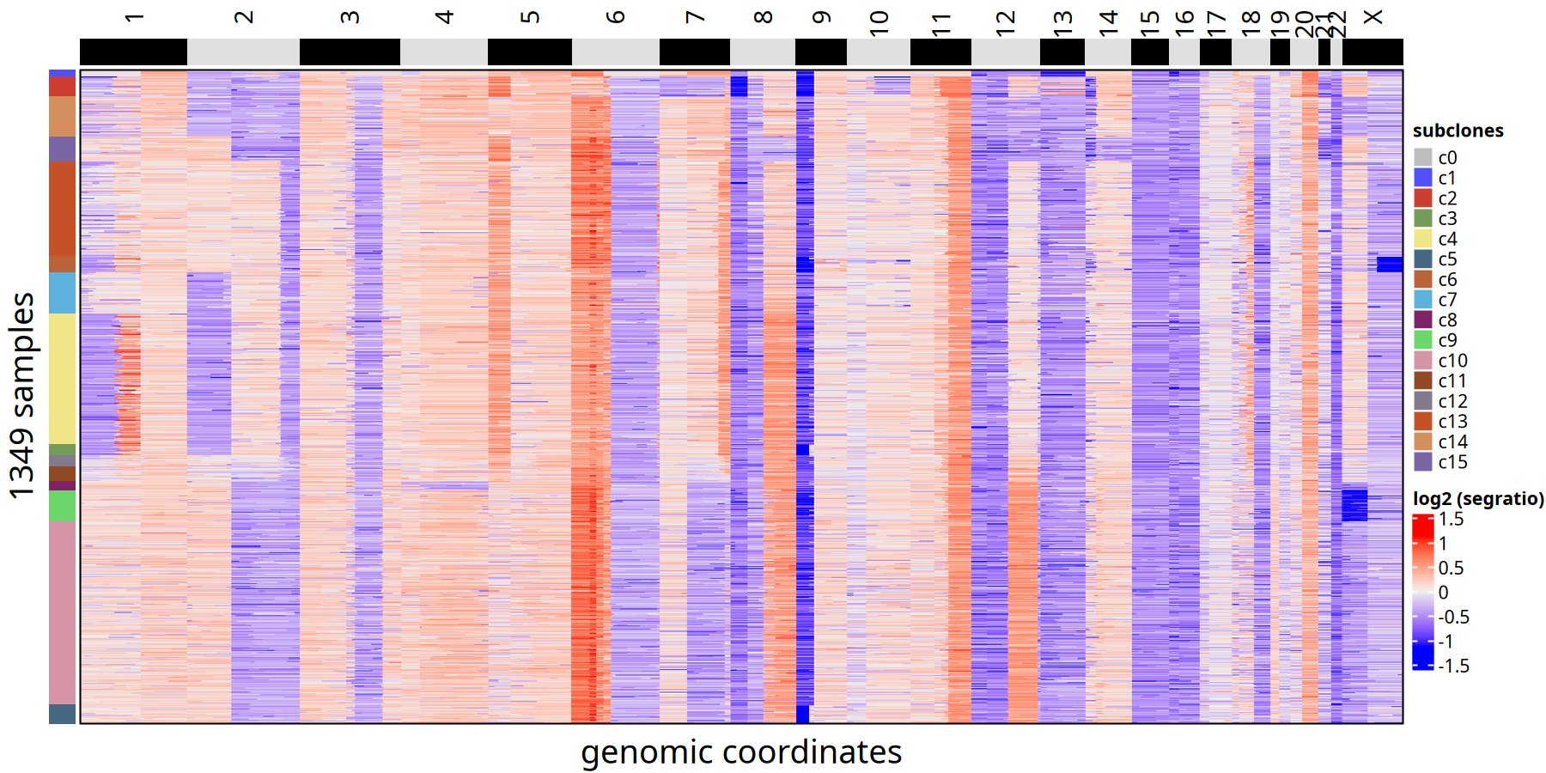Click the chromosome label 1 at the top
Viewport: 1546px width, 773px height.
click(134, 17)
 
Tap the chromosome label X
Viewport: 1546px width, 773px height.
click(1373, 17)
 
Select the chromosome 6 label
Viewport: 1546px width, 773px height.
click(615, 17)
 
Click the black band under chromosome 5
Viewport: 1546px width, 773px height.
click(529, 52)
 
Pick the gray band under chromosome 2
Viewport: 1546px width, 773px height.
click(243, 52)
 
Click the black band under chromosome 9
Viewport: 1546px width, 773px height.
click(820, 52)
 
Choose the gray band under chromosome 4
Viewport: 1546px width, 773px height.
click(443, 52)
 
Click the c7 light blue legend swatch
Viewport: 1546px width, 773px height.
click(1423, 300)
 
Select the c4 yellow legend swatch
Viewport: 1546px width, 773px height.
click(1423, 239)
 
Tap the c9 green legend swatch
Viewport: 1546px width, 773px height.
click(1423, 340)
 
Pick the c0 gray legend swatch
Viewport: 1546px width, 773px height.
click(1423, 157)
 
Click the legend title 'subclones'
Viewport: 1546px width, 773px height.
click(1458, 131)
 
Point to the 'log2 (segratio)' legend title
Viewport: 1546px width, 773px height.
click(1477, 499)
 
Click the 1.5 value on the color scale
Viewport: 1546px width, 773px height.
click(1452, 520)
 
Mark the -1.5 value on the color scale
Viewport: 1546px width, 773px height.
click(1453, 666)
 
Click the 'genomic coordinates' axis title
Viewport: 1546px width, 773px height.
click(740, 752)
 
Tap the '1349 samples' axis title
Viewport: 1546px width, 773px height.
click(22, 395)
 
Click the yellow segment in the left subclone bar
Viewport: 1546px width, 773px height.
click(62, 378)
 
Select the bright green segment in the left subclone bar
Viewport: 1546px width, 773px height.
click(62, 506)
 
